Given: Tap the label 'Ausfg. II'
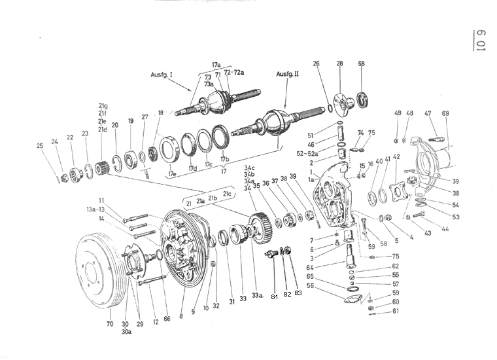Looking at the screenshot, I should pyautogui.click(x=288, y=74).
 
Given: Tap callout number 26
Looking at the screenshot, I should pyautogui.click(x=317, y=63).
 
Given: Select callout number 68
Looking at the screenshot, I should pyautogui.click(x=362, y=63).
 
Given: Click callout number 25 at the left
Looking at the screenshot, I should pyautogui.click(x=41, y=145).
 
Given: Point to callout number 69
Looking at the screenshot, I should pyautogui.click(x=445, y=114).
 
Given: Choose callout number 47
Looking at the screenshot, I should pyautogui.click(x=428, y=114).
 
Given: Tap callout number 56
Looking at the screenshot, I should pyautogui.click(x=311, y=285).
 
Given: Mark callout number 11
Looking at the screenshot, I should pyautogui.click(x=102, y=200).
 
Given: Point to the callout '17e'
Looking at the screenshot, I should pyautogui.click(x=173, y=174).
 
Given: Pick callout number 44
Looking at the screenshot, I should pyautogui.click(x=445, y=230).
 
